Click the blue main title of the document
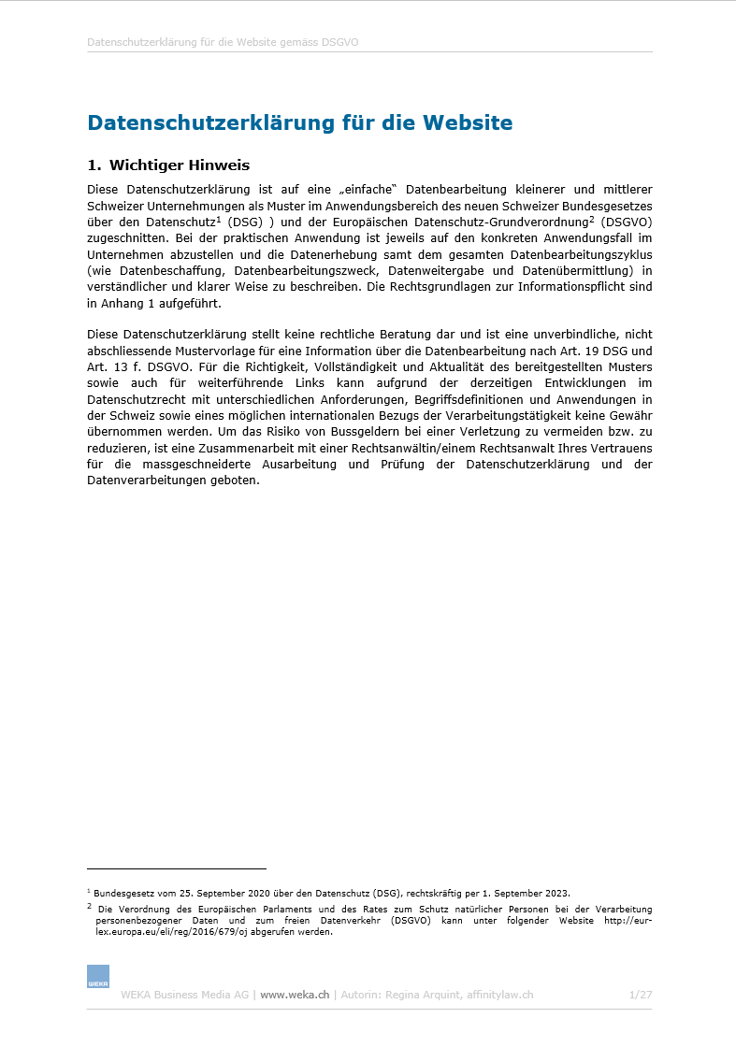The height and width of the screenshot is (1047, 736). point(299,123)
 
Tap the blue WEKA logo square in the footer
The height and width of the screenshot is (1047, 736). point(98,976)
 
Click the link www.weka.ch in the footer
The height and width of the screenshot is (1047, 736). point(295,995)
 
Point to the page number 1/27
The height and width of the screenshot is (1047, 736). point(641,995)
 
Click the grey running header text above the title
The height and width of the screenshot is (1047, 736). point(223,42)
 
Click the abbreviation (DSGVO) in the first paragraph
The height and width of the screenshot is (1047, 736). point(627,222)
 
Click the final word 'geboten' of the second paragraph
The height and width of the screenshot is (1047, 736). point(232,480)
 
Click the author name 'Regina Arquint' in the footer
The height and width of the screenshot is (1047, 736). point(426,995)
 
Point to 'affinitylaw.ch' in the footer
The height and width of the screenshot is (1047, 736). point(500,995)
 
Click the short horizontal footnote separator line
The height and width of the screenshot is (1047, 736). point(176,868)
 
